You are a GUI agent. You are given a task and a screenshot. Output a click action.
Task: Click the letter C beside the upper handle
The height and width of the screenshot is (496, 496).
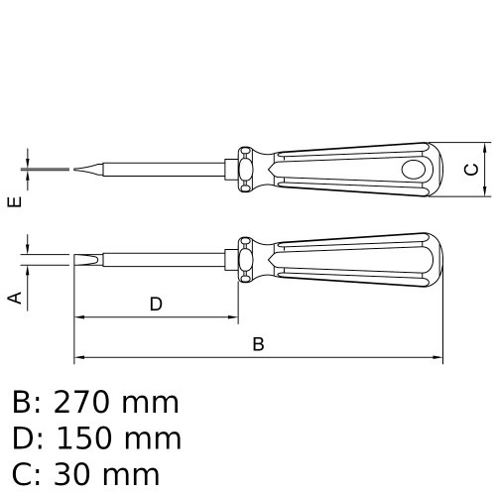point(472,170)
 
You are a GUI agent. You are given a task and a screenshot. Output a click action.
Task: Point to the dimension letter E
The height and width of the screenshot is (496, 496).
point(14,202)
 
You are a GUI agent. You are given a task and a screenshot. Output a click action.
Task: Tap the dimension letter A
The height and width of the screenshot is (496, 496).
point(14,297)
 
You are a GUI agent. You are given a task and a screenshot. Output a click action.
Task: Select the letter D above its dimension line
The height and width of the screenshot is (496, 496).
point(156,305)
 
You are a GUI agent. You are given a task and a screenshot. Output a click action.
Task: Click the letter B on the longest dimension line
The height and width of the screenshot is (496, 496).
point(258,344)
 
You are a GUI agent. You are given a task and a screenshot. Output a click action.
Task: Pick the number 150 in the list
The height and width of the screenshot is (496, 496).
point(87,438)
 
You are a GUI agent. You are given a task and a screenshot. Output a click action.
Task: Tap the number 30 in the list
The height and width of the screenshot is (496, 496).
point(74,474)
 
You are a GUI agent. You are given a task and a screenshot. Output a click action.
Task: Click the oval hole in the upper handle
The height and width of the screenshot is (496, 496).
point(410,170)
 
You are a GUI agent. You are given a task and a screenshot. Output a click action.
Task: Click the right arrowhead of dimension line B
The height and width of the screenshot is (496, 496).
point(435,357)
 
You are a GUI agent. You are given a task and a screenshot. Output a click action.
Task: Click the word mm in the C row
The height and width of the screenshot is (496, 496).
point(133,474)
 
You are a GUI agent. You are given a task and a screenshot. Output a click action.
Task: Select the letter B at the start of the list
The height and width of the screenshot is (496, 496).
point(22,403)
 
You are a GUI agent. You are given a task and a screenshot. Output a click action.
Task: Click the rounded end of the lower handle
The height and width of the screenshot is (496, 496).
point(434,261)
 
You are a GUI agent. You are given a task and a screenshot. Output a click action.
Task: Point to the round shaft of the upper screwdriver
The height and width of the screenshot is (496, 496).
point(169,170)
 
